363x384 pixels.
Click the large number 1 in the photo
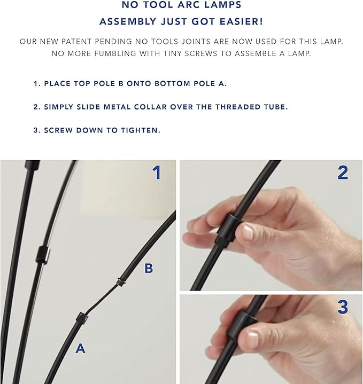[157, 173]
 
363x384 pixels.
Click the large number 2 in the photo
[343, 173]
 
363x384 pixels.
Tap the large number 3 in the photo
[343, 307]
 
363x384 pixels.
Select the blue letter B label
[149, 268]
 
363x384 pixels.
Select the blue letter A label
[80, 348]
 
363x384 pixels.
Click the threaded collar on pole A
[82, 318]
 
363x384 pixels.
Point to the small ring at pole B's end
[121, 282]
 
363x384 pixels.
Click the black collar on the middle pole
[43, 255]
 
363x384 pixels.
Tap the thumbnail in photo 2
[248, 232]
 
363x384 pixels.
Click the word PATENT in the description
[77, 42]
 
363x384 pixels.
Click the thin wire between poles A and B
[102, 299]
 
